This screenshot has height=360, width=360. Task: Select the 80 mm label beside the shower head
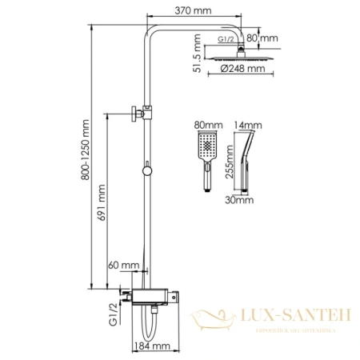pyautogui.click(x=262, y=38)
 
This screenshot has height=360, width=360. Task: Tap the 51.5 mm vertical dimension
pyautogui.click(x=196, y=58)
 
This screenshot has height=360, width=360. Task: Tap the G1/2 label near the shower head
pyautogui.click(x=227, y=38)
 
